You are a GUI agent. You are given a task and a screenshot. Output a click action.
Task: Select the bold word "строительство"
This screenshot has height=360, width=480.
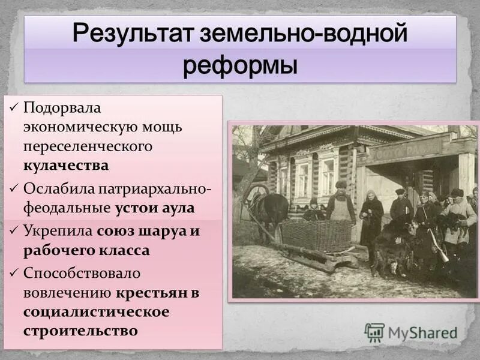(80, 329)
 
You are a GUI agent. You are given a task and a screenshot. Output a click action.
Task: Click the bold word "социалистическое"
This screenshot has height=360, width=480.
(97, 311)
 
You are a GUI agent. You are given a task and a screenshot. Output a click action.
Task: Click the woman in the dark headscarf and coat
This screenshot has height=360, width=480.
(371, 216)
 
